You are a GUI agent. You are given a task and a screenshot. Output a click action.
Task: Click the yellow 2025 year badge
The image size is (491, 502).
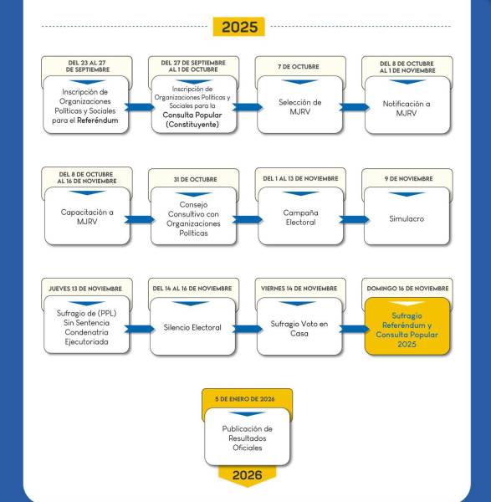[x=238, y=26]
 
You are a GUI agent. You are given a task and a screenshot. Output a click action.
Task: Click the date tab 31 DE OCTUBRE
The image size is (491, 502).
[x=192, y=178]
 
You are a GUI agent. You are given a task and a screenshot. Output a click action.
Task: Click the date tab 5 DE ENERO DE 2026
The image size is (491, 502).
[x=246, y=399]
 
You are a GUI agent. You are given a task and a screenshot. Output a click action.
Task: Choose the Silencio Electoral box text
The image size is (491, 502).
[x=192, y=327]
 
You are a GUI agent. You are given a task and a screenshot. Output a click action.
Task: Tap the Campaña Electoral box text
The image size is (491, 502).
[x=299, y=218]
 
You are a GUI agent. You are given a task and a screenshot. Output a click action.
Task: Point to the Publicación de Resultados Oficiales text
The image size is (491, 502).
[x=247, y=437]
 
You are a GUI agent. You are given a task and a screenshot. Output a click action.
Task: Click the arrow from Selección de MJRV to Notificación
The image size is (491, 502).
[x=353, y=108]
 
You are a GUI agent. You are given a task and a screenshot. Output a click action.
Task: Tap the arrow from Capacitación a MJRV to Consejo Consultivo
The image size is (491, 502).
[x=139, y=218]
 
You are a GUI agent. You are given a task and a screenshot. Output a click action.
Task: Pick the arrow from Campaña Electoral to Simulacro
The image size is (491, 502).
[x=353, y=218]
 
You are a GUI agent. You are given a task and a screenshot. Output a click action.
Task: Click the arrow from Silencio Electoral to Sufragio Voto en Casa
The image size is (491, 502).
[x=246, y=327]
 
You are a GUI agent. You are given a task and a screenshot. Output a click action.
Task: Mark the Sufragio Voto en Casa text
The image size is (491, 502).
[x=299, y=327]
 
